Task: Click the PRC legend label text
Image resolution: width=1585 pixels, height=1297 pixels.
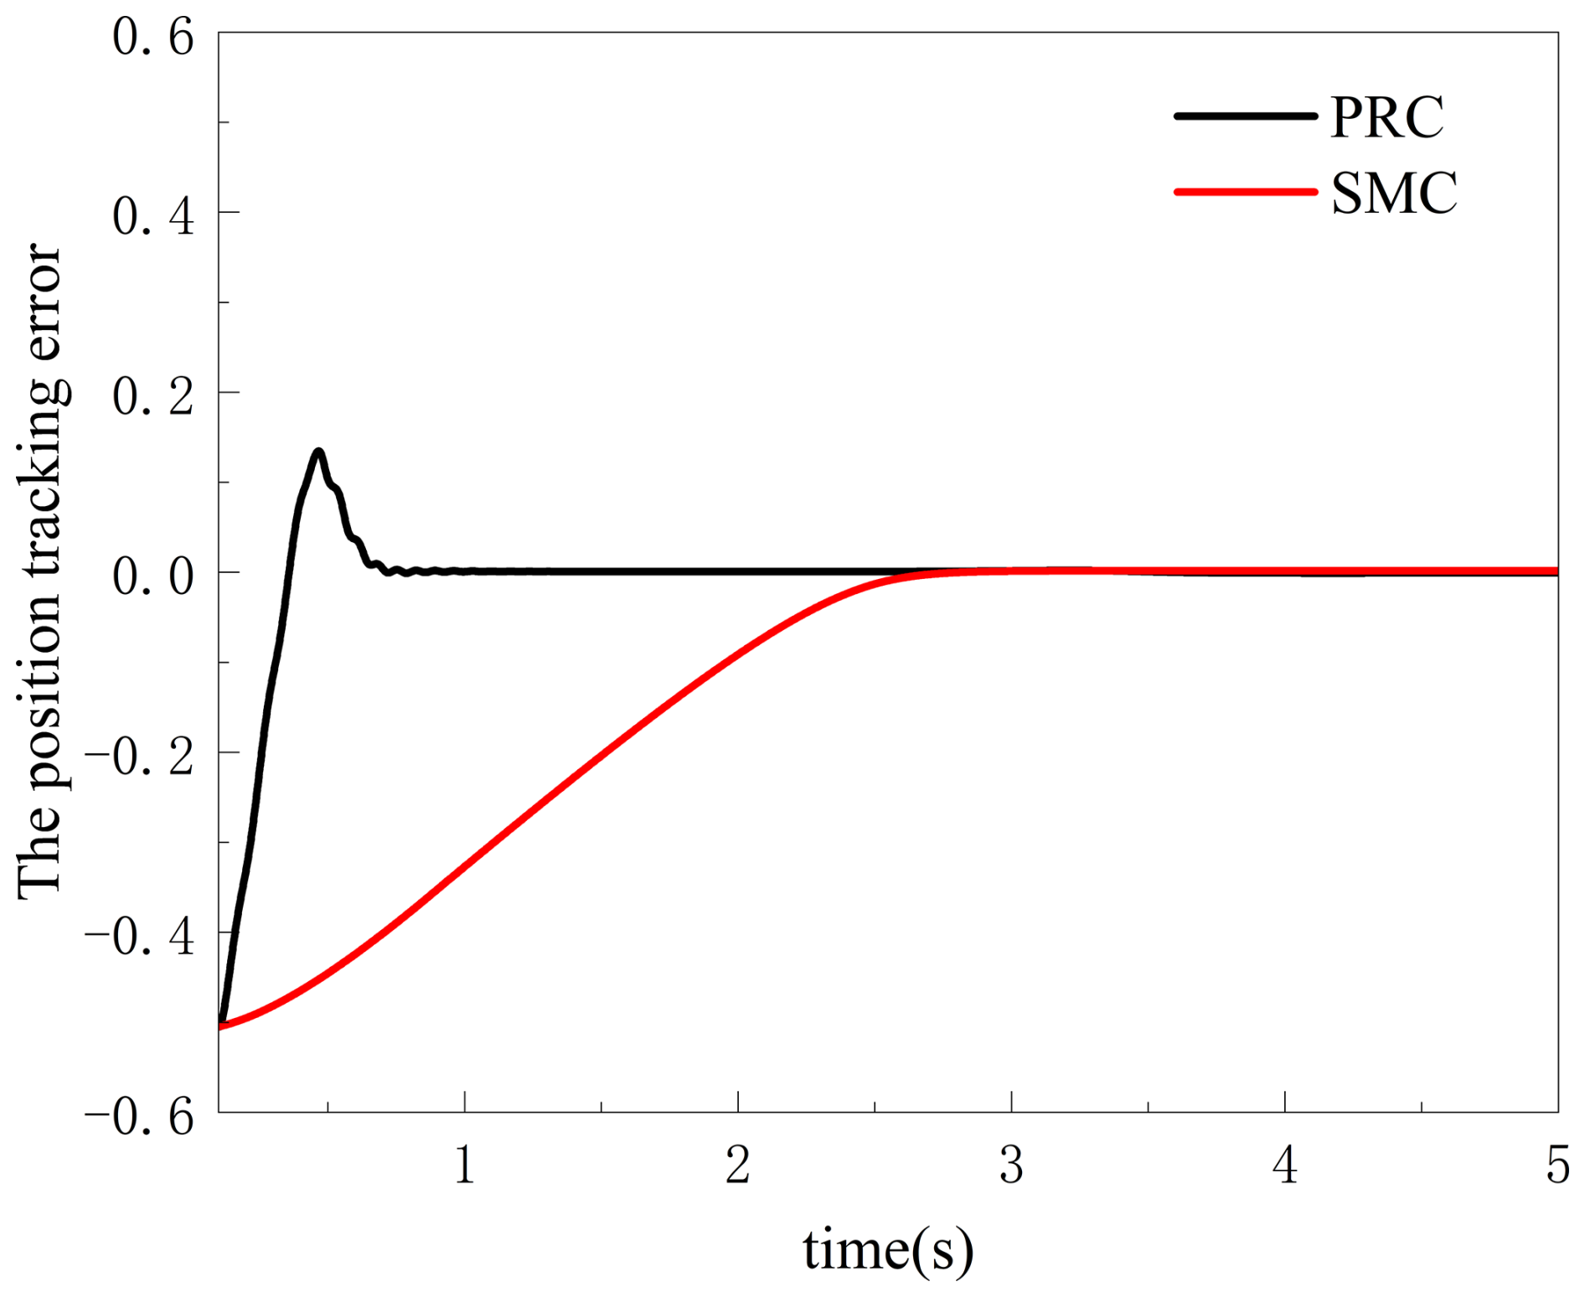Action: (x=1386, y=117)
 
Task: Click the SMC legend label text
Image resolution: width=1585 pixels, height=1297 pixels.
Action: (x=1393, y=194)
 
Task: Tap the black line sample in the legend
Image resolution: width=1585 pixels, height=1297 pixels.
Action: (x=1245, y=116)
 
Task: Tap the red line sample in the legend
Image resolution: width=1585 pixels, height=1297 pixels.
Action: (x=1245, y=192)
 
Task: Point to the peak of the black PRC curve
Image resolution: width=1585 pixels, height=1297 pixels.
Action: (x=318, y=452)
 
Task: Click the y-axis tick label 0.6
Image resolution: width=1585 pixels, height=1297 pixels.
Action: (x=153, y=39)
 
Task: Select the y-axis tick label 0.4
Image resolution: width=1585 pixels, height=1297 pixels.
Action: (x=153, y=216)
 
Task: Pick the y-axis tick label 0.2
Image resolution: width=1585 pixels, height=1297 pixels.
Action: (x=153, y=396)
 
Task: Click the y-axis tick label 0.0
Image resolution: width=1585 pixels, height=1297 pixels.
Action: (x=153, y=577)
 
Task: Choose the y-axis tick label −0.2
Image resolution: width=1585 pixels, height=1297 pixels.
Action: (x=140, y=757)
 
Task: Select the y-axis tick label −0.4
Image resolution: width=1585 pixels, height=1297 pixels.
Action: (x=140, y=938)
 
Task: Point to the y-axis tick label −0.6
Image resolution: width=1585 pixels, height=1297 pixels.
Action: (x=140, y=1118)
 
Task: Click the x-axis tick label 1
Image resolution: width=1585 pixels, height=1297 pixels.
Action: (x=465, y=1165)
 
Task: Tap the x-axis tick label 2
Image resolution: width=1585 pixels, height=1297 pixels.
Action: (x=738, y=1165)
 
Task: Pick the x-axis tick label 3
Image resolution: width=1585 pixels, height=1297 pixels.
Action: (x=1011, y=1165)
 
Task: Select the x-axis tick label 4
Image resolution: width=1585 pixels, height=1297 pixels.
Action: (x=1285, y=1165)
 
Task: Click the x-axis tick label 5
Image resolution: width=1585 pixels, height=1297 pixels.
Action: (x=1557, y=1165)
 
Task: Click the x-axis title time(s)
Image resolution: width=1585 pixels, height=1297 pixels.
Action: (x=888, y=1250)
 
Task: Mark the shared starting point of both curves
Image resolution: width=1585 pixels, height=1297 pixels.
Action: (x=220, y=1025)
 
